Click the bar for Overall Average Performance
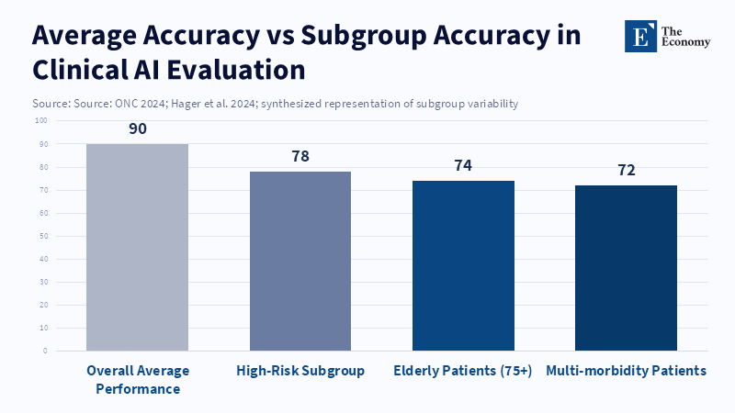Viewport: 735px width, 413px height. click(137, 247)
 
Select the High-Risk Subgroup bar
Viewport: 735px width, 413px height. click(300, 261)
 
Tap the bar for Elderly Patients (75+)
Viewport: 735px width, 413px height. click(463, 265)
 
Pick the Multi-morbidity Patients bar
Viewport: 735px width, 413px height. click(626, 268)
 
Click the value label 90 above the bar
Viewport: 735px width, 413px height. click(138, 129)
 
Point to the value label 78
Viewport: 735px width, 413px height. click(300, 156)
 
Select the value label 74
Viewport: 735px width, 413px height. click(463, 165)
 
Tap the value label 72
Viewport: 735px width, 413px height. click(627, 170)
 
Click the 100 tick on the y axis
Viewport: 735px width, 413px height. click(41, 120)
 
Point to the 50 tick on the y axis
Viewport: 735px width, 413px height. click(42, 236)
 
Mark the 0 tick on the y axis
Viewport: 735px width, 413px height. click(44, 351)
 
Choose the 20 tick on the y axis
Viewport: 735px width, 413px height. click(42, 305)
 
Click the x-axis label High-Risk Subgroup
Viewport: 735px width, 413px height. click(300, 371)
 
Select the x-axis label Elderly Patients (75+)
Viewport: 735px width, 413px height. click(463, 371)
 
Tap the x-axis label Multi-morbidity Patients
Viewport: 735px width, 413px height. click(627, 371)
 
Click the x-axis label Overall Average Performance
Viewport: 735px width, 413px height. click(137, 379)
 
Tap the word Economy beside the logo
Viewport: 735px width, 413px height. click(689, 42)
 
